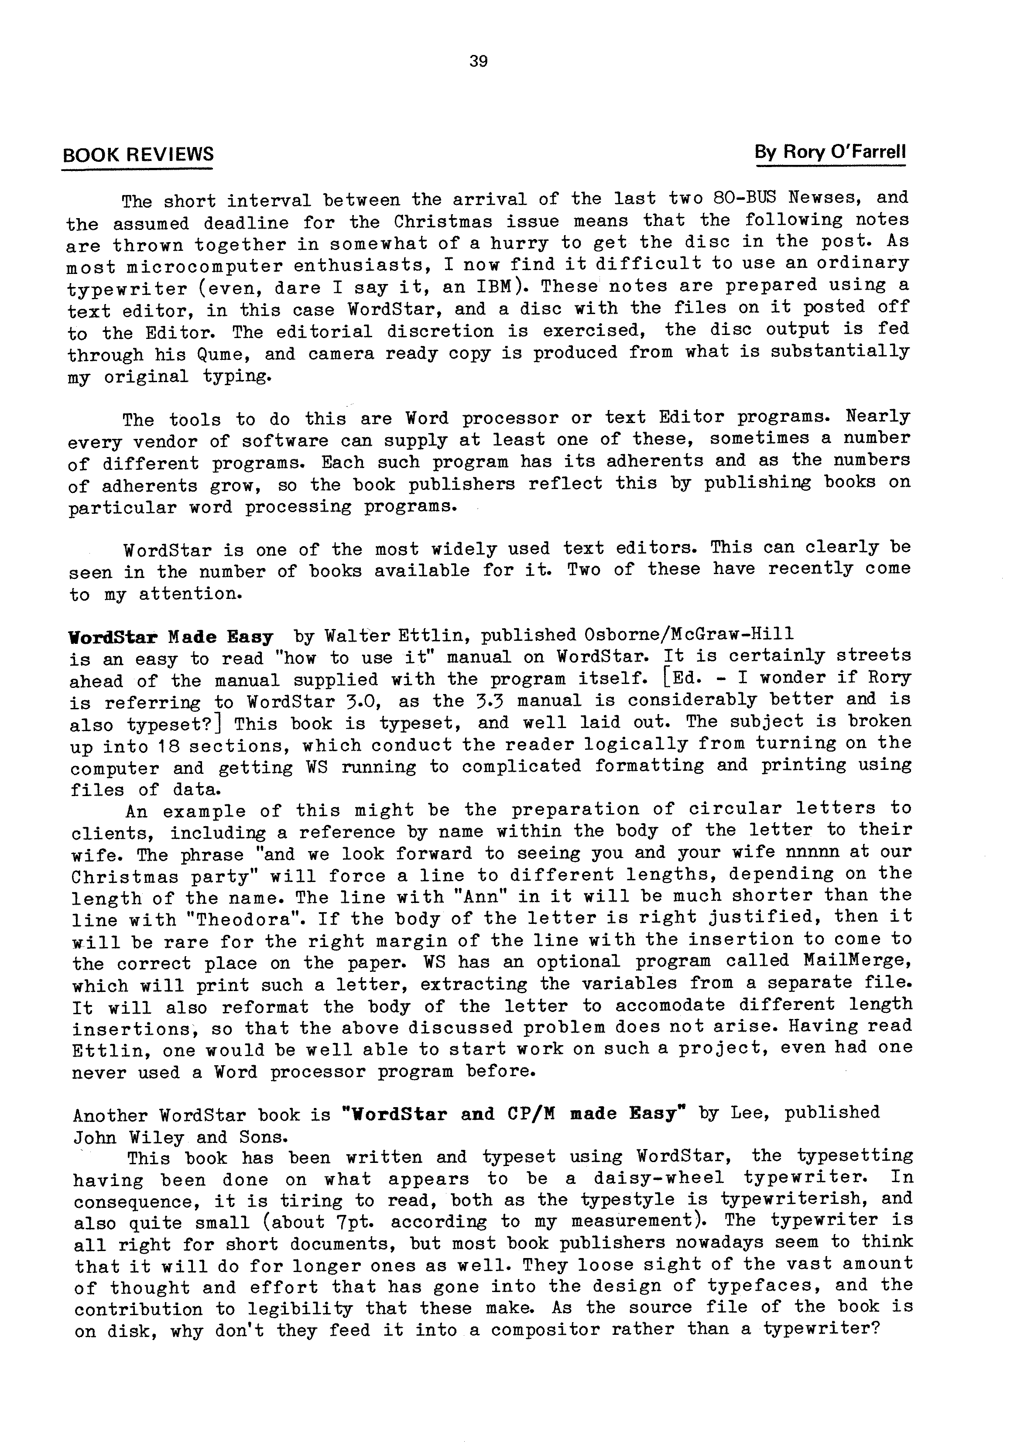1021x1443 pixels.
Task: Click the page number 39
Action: click(x=479, y=62)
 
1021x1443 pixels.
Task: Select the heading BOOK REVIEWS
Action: click(x=138, y=154)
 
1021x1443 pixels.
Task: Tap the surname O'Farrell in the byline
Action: click(x=865, y=152)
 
